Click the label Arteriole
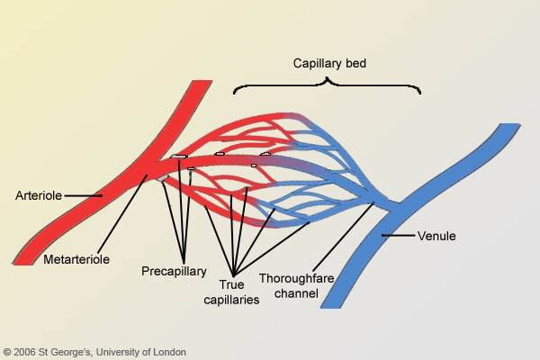39,195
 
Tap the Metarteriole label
76,259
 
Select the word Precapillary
174,271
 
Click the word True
231,284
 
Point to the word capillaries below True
231,300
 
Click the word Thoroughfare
296,278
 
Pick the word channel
296,293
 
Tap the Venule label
436,236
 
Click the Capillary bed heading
329,63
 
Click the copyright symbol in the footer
7,352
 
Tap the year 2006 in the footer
25,352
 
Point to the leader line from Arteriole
84,195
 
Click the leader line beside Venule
399,236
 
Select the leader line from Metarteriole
122,214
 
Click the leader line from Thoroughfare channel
344,238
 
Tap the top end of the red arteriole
202,82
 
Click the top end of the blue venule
509,125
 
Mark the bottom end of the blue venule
330,307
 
